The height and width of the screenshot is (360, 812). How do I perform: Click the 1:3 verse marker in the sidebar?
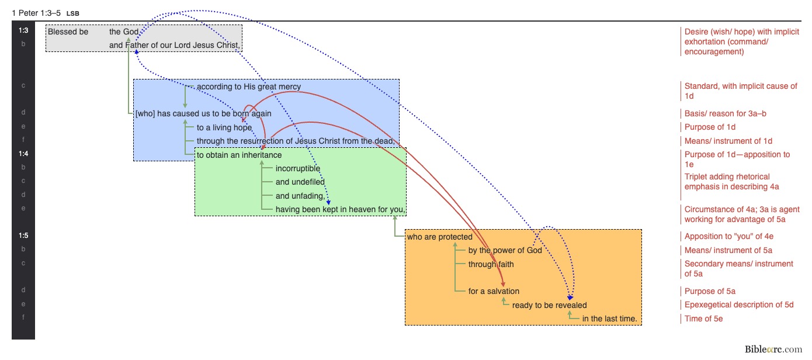[x=23, y=31]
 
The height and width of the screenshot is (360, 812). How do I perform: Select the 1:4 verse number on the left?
[x=23, y=154]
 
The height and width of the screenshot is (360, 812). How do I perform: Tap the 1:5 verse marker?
[x=23, y=236]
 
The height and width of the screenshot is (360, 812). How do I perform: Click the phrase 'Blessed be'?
[x=68, y=32]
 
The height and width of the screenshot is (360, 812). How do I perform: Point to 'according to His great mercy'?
[x=249, y=86]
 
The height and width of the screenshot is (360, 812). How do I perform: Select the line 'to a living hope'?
[x=224, y=127]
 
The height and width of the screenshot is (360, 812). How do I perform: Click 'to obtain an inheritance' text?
[x=239, y=155]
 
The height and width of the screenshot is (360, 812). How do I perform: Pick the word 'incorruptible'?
[x=298, y=169]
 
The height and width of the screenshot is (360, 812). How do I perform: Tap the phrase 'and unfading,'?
[x=300, y=196]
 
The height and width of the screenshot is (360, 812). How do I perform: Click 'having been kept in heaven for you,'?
[x=340, y=209]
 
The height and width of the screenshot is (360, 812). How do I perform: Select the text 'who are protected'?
[x=439, y=237]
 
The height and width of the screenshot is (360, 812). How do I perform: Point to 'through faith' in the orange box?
[x=491, y=264]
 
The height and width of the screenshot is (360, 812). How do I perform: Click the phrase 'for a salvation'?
[x=494, y=291]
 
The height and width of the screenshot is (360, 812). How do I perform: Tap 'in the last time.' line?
[x=609, y=319]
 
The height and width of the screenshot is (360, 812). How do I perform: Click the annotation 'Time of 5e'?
[x=704, y=319]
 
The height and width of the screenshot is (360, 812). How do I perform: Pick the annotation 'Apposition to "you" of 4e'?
[x=733, y=237]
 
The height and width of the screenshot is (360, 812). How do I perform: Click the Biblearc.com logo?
[x=773, y=349]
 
